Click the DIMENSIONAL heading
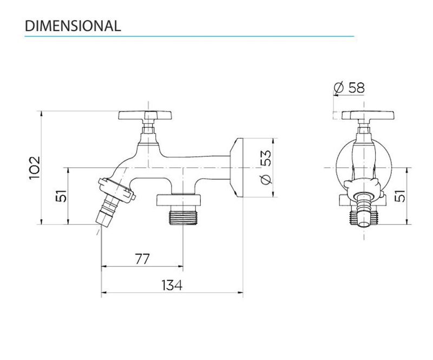click(x=73, y=26)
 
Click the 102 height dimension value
click(x=35, y=168)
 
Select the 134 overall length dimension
click(x=172, y=285)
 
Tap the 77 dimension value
click(x=142, y=259)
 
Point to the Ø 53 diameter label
click(x=266, y=167)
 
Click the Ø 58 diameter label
click(x=349, y=88)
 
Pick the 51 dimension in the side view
click(x=61, y=196)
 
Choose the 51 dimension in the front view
click(x=400, y=196)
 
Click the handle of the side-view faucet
click(x=145, y=115)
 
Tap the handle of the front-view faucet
click(x=368, y=115)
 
